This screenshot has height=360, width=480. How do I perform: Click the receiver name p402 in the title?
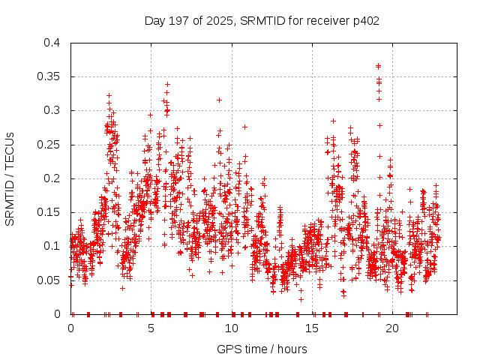click(x=363, y=21)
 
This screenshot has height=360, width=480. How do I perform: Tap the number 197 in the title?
click(x=177, y=21)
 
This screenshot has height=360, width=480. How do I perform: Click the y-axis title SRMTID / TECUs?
click(x=10, y=178)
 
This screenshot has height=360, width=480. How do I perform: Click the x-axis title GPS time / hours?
click(x=262, y=349)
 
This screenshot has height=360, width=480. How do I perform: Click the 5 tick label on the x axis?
click(x=151, y=328)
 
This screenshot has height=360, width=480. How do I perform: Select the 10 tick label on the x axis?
click(x=232, y=328)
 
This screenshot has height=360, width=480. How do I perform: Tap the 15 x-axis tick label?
click(x=312, y=328)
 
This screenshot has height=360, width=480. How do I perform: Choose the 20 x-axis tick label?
click(x=392, y=328)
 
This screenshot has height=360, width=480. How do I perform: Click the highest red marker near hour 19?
click(x=378, y=66)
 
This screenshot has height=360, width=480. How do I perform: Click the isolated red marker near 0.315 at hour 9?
click(x=219, y=100)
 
